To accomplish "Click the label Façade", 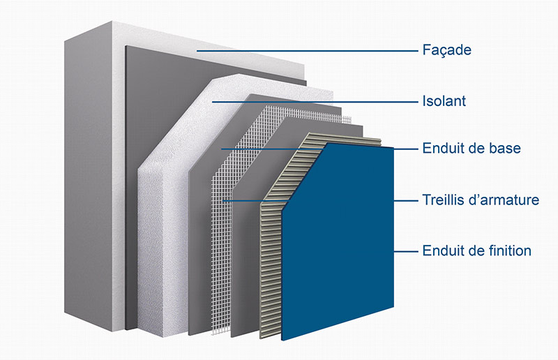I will point(447,51).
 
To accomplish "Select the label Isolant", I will point(444,102).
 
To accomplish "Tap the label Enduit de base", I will point(472,149).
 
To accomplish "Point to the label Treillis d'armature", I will point(481,200).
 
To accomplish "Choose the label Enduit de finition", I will point(477,250).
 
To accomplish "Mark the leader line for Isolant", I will point(314,102).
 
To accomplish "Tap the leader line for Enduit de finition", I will point(406,250).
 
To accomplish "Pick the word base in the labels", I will point(506,149).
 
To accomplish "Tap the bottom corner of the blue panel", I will point(282,340).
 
